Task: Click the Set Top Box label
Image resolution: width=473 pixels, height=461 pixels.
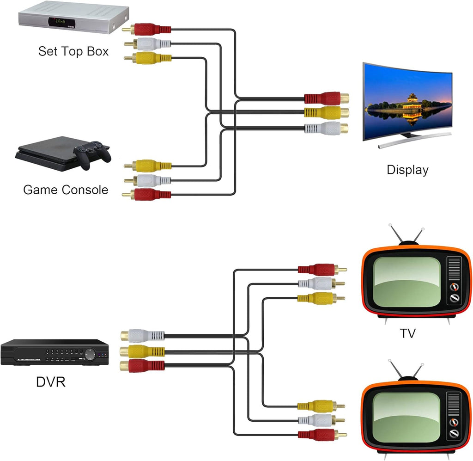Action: [73, 51]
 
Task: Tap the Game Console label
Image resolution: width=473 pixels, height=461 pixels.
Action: [66, 190]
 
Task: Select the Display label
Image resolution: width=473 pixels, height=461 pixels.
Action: [407, 170]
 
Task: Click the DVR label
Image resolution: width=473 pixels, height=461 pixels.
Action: [51, 382]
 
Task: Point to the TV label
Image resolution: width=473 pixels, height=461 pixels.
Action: [408, 333]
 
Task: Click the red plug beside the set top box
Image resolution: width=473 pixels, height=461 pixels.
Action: [146, 29]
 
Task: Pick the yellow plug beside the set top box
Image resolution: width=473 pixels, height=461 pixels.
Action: [148, 58]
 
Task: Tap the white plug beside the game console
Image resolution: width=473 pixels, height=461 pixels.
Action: [148, 180]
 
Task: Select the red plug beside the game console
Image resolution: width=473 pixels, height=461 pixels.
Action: [146, 194]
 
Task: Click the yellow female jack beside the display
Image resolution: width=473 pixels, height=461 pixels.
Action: [327, 112]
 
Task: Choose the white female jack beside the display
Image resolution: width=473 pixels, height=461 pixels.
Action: [326, 129]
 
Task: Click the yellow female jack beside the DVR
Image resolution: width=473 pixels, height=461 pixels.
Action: [142, 351]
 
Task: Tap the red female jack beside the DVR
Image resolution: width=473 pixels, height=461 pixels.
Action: [142, 366]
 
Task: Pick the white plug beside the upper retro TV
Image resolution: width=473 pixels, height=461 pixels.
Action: [321, 283]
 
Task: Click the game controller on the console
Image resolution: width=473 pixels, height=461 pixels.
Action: [92, 154]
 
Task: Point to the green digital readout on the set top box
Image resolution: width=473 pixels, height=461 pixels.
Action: [60, 22]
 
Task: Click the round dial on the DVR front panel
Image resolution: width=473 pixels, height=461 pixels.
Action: [90, 354]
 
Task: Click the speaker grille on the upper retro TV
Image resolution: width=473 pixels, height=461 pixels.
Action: [454, 268]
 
